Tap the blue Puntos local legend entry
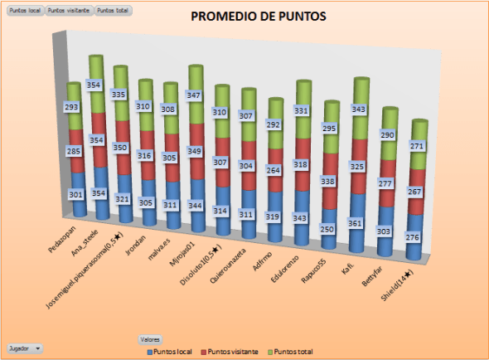[166, 352]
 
